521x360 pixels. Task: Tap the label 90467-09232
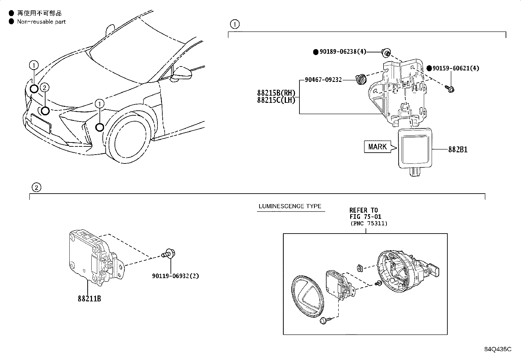[x=323, y=80]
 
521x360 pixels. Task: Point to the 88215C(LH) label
[x=276, y=100]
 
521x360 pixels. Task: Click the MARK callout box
[x=377, y=147]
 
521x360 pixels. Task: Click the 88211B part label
[x=89, y=299]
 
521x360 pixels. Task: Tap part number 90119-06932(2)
[x=175, y=276]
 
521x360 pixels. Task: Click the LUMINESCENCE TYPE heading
[x=290, y=206]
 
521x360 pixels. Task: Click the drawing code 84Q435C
[x=498, y=349]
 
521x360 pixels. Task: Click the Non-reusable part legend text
[x=41, y=22]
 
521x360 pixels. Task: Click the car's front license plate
[x=41, y=123]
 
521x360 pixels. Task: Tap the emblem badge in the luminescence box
[x=307, y=296]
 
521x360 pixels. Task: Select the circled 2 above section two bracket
[x=36, y=187]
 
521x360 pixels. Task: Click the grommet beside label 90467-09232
[x=361, y=80]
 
